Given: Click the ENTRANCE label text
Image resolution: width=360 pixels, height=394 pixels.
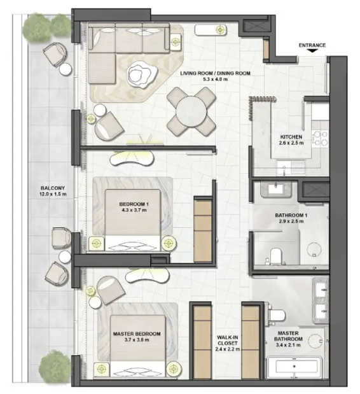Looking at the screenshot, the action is tap(312, 45).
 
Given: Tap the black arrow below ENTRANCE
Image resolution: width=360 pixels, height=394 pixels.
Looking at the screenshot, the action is tap(312, 51).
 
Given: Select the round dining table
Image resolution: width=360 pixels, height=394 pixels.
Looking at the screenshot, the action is tap(191, 112).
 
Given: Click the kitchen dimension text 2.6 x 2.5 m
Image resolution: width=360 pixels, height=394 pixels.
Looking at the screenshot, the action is tap(291, 143).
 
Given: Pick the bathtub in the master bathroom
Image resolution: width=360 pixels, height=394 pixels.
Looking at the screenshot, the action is tap(294, 367).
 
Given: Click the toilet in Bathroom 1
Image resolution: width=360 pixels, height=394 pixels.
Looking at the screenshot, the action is tap(275, 255).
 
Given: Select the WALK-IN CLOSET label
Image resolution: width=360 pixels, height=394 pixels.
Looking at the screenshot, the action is tap(228, 341).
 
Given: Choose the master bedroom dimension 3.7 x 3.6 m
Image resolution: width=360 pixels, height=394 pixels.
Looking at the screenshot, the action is tap(137, 340).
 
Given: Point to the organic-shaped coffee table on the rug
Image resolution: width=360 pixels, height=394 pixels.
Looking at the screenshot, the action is tap(141, 74).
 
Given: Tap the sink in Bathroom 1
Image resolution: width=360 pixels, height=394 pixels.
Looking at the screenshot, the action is tap(276, 188).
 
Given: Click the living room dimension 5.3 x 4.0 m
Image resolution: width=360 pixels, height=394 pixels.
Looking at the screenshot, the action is tap(215, 80).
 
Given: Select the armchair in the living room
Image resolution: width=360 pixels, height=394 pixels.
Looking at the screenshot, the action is tap(109, 125).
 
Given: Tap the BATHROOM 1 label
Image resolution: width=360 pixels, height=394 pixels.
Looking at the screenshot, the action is tap(291, 215).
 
